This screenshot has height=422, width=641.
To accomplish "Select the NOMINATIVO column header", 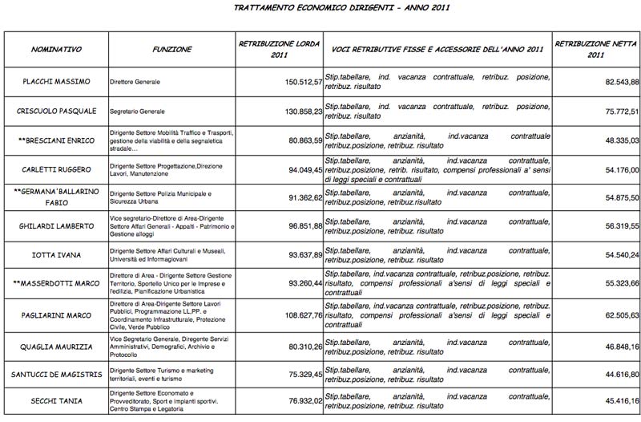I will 56,50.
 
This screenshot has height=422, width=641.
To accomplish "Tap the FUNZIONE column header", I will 171,50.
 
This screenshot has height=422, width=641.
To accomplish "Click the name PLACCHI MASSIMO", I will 56,82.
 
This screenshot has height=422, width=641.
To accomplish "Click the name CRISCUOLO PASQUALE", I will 56,112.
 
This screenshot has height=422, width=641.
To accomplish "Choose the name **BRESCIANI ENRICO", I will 56,140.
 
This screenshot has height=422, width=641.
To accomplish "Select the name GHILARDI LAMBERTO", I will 56,227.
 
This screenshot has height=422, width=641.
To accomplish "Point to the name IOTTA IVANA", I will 56,255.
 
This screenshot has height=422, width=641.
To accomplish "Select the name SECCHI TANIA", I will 56,403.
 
